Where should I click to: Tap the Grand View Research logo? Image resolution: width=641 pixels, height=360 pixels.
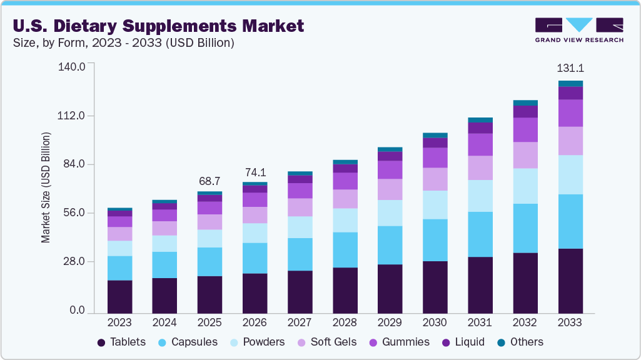(578, 29)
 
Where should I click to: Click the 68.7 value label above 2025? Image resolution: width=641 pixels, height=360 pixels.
(209, 181)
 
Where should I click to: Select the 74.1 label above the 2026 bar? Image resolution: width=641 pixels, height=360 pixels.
(255, 172)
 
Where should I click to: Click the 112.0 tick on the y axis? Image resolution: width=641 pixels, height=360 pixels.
(73, 116)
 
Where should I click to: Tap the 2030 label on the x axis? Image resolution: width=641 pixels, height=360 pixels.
(435, 322)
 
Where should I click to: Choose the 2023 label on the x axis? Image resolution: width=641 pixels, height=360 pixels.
(119, 322)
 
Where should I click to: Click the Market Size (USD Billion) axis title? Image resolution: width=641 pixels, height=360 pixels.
(46, 187)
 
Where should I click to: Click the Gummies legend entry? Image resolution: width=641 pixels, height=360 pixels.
(399, 342)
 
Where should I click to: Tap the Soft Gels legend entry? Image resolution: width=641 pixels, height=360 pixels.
(327, 342)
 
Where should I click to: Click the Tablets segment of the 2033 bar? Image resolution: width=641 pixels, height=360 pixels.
(570, 281)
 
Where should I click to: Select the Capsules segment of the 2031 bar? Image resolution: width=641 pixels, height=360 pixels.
(480, 234)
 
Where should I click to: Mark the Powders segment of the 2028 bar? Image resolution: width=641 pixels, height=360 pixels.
(345, 220)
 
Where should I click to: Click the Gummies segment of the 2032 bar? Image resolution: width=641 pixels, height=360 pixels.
(525, 129)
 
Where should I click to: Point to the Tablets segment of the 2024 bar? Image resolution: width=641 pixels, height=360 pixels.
(164, 295)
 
